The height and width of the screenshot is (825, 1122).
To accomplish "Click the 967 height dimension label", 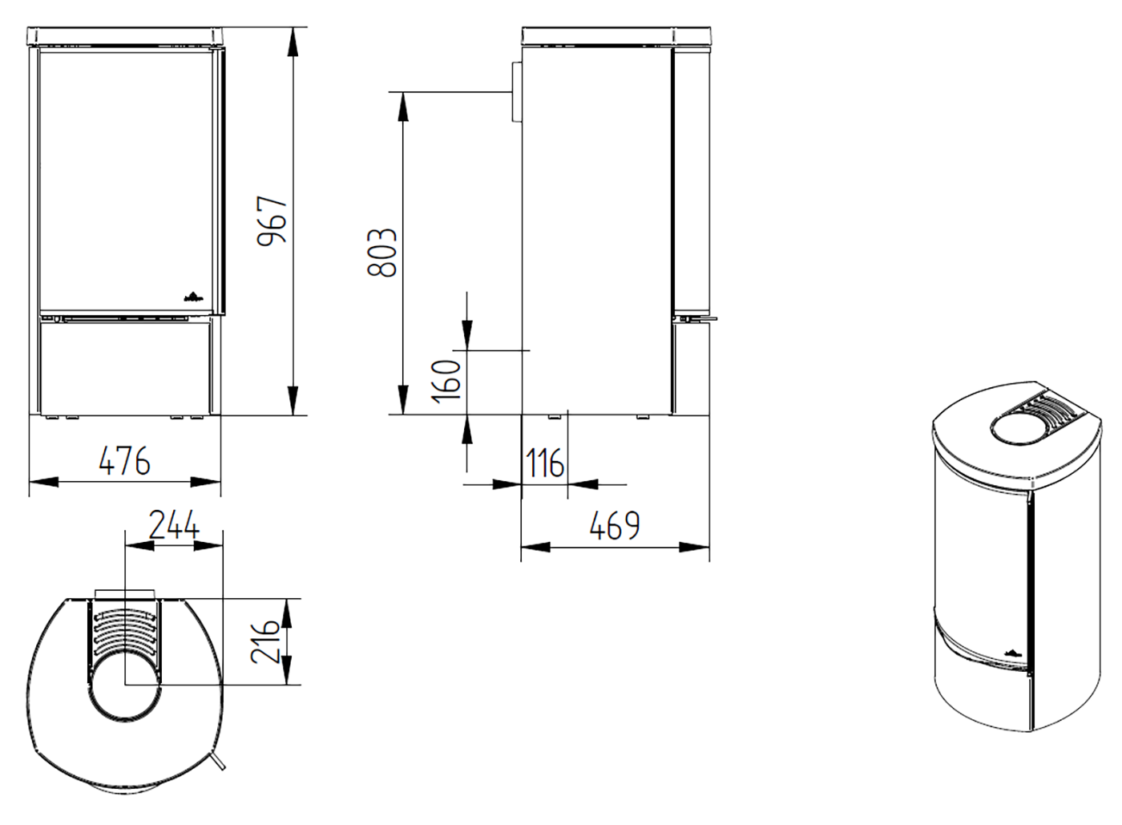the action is click(x=272, y=220).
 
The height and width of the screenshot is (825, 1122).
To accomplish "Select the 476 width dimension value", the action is click(x=125, y=461).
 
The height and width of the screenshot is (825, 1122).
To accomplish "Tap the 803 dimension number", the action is click(x=381, y=253).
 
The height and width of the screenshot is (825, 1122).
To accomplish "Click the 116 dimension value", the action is click(x=544, y=463).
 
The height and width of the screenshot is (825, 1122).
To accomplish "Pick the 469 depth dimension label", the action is click(x=615, y=526).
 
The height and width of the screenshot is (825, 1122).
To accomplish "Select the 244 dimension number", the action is click(x=175, y=524).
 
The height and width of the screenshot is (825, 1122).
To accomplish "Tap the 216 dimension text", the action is click(x=264, y=642).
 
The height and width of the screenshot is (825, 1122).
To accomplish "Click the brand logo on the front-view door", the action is click(x=193, y=297).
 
